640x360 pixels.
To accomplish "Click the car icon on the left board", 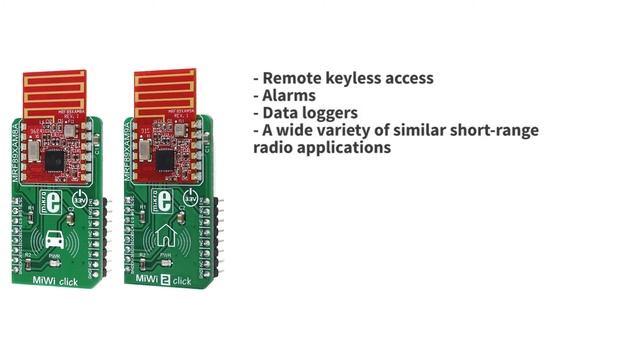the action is (54, 240).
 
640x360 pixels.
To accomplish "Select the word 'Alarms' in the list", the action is (289, 96).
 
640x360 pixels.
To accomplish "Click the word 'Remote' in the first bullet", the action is (292, 78).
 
